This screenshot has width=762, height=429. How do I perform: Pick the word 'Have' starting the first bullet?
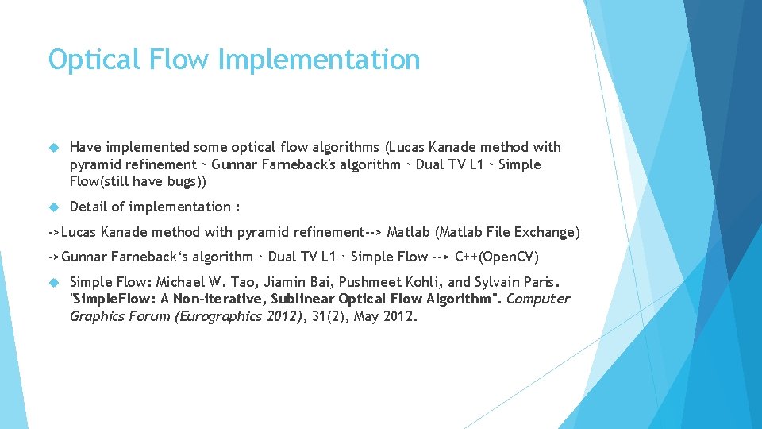85,147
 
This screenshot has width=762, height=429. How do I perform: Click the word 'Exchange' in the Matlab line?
546,232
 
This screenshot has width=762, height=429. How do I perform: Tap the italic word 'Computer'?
538,300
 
